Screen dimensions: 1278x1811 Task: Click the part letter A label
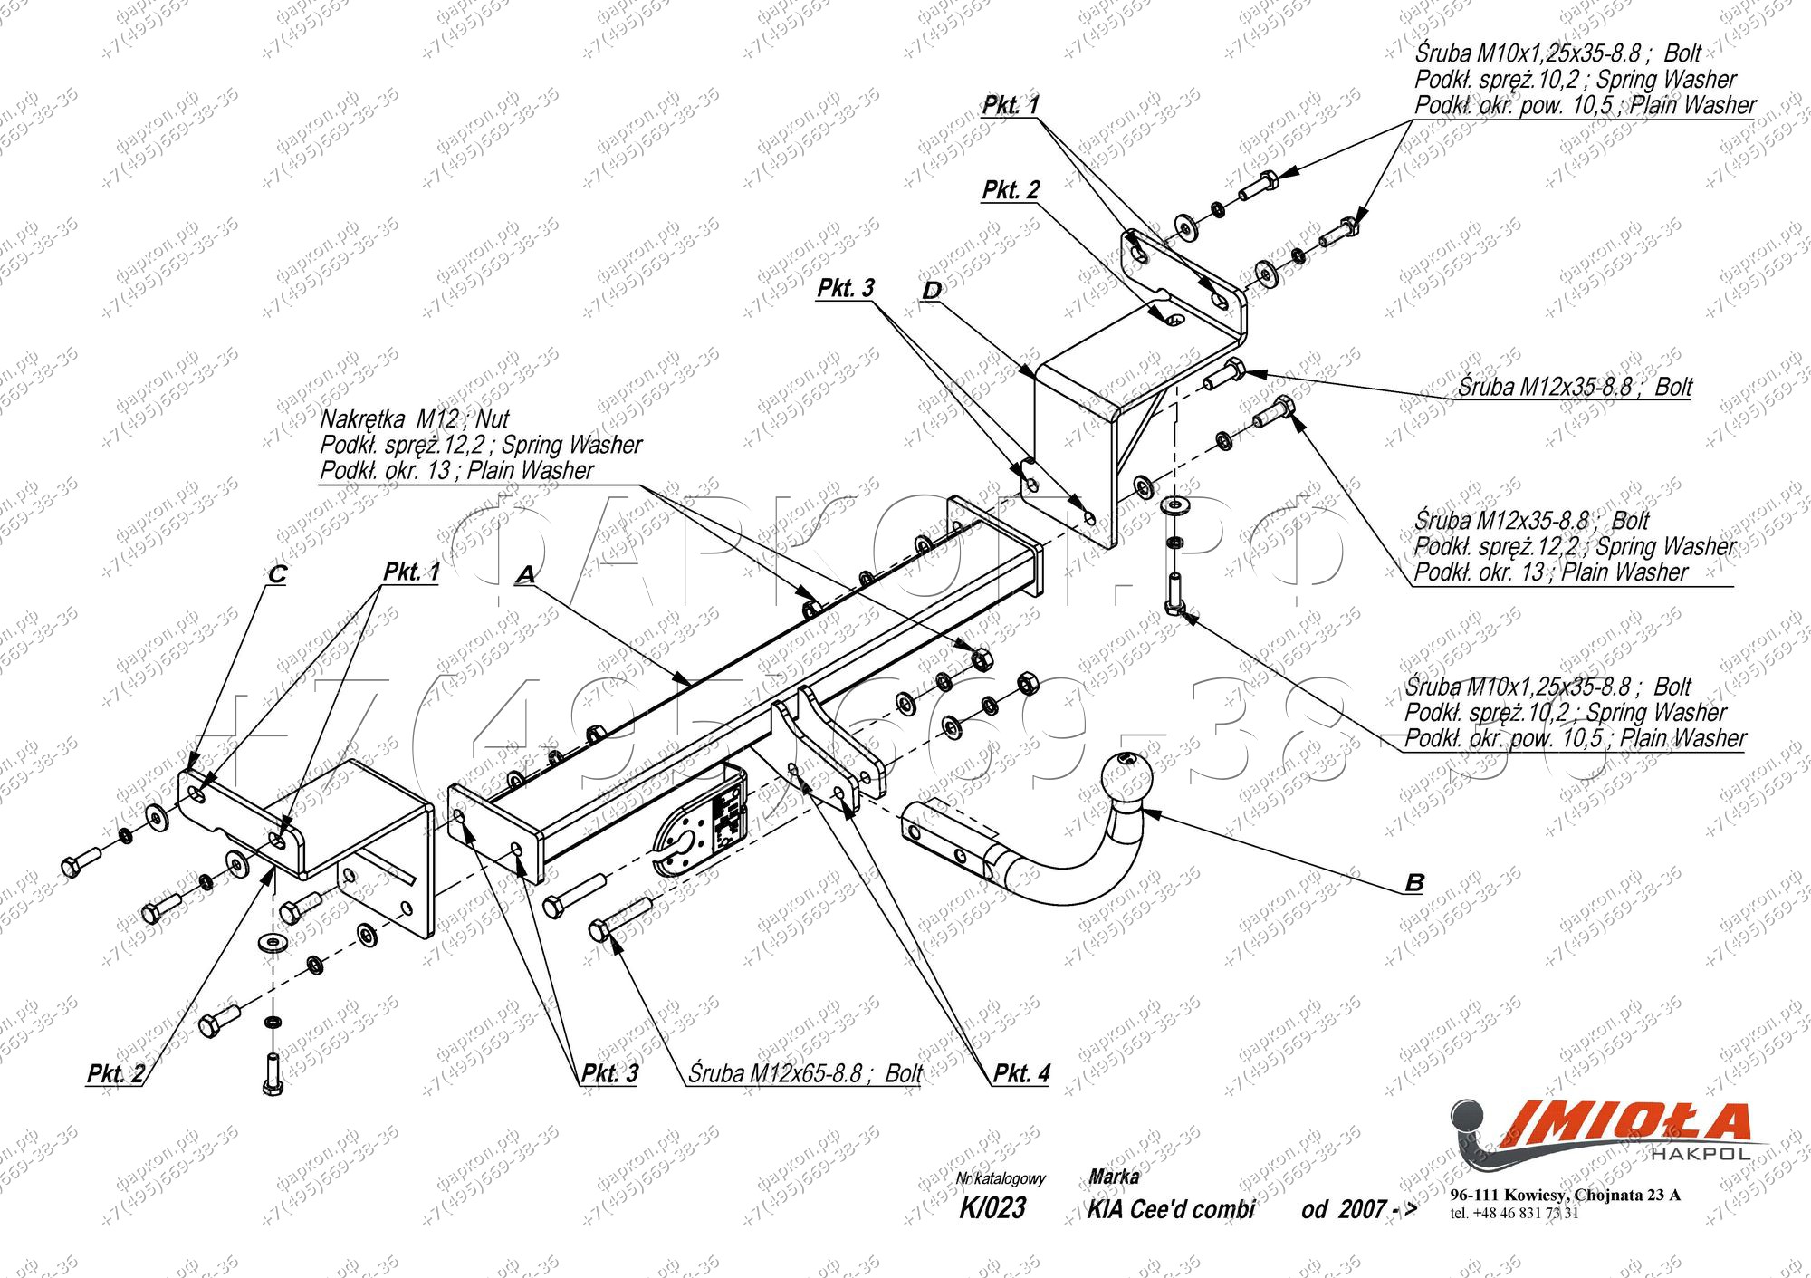pyautogui.click(x=525, y=574)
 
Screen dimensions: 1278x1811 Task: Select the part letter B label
pyautogui.click(x=1414, y=882)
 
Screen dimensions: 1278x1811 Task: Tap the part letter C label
pyautogui.click(x=277, y=574)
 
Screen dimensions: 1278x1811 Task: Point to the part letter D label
pyautogui.click(x=932, y=291)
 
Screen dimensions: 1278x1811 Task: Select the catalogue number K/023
pyautogui.click(x=992, y=1207)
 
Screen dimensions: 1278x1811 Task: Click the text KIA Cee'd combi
pyautogui.click(x=1171, y=1209)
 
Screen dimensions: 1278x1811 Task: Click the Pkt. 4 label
pyautogui.click(x=1021, y=1073)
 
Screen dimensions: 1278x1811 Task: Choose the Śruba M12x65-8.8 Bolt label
pyautogui.click(x=805, y=1073)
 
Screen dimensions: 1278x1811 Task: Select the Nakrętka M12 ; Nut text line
pyautogui.click(x=415, y=419)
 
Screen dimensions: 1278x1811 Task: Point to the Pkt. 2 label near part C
pyautogui.click(x=116, y=1073)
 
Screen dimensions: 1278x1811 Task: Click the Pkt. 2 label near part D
pyautogui.click(x=1011, y=190)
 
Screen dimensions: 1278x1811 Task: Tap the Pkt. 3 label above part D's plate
pyautogui.click(x=846, y=288)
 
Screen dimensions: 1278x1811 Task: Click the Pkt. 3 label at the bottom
pyautogui.click(x=609, y=1073)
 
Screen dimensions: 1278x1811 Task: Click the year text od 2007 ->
pyautogui.click(x=1359, y=1209)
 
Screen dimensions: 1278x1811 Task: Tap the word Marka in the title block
pyautogui.click(x=1114, y=1177)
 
